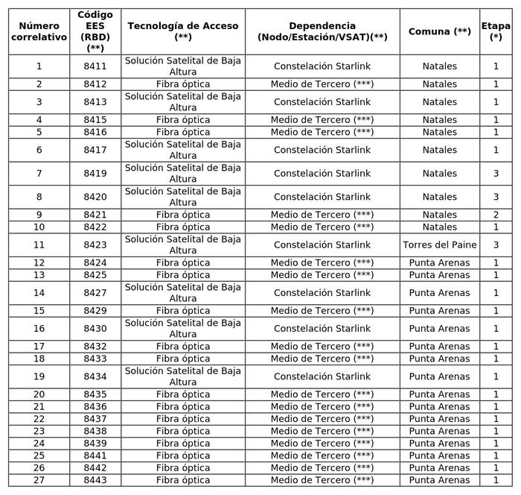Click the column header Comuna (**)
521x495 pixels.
(439, 31)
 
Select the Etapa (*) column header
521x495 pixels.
(496, 31)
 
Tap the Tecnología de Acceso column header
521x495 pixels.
(183, 31)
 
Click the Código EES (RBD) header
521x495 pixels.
(95, 31)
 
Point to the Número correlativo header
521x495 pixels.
(39, 31)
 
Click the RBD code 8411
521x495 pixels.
(95, 66)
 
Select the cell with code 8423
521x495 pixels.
(95, 245)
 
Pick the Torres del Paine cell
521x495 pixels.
(439, 245)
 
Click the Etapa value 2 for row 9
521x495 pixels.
(496, 215)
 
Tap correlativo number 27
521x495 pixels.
(39, 480)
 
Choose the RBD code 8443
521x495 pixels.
(95, 480)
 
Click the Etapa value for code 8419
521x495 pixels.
(496, 174)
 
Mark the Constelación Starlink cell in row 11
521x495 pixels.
(322, 245)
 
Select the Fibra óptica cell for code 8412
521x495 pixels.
(183, 84)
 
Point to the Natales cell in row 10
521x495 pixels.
(439, 227)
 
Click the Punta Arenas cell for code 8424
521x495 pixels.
(439, 262)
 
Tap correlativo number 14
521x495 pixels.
(39, 293)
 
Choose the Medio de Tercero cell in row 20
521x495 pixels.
(322, 394)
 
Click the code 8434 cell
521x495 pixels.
(95, 376)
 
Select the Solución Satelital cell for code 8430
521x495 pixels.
(183, 329)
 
